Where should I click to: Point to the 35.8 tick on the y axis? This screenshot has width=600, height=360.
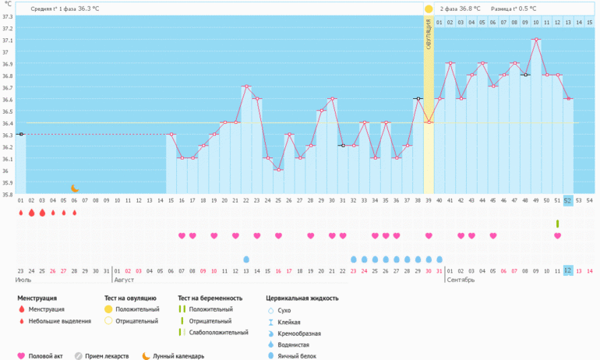click(x=7, y=194)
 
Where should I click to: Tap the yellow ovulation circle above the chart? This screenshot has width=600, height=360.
click(x=429, y=9)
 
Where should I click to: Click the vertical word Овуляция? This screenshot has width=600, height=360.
click(x=429, y=35)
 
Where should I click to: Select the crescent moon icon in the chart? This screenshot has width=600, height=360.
click(x=75, y=188)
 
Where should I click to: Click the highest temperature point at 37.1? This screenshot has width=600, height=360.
click(x=536, y=40)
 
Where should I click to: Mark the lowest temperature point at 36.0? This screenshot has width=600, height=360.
click(x=278, y=170)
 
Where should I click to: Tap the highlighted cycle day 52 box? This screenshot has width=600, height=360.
click(x=568, y=200)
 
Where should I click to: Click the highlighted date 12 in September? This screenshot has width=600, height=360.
click(x=568, y=270)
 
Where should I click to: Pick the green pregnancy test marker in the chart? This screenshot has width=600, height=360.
click(x=557, y=224)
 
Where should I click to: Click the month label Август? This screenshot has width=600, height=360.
click(x=124, y=279)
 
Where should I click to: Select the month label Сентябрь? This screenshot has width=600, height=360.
click(x=461, y=279)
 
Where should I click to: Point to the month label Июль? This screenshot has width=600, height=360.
click(x=24, y=279)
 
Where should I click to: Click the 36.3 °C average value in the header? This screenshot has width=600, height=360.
click(x=88, y=9)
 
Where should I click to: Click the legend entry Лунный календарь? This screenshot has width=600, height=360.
click(x=179, y=356)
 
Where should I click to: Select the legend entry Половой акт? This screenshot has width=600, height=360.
click(x=46, y=356)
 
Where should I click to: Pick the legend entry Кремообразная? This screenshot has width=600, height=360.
click(x=299, y=333)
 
